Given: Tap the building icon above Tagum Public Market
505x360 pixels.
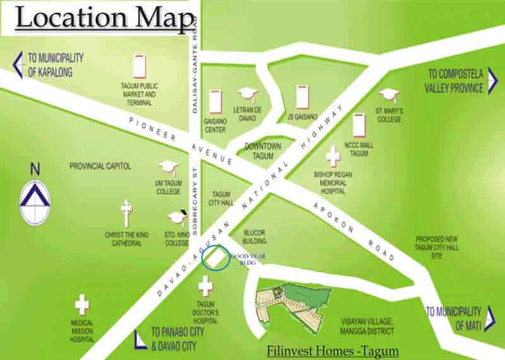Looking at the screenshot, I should click(x=140, y=66).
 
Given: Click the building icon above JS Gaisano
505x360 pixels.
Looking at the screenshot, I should click(x=303, y=97).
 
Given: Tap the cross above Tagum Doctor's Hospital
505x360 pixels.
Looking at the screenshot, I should click(x=205, y=287).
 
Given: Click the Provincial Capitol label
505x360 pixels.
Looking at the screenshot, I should click(x=100, y=166).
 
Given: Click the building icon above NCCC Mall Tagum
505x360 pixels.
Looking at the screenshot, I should click(x=359, y=125).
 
